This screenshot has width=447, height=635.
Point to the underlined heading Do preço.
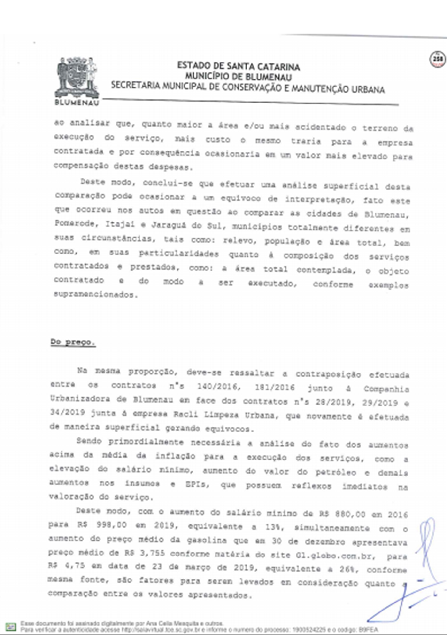(x=73, y=342)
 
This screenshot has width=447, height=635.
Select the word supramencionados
(x=95, y=294)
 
